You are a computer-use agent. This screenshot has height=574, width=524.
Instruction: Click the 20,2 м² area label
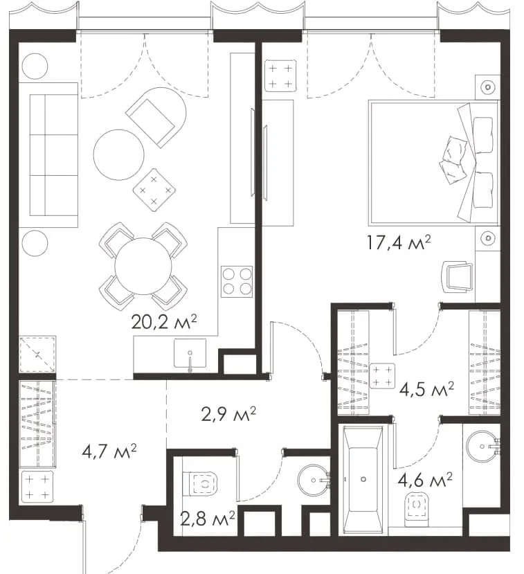164,322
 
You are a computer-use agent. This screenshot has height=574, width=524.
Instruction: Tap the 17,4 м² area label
399,243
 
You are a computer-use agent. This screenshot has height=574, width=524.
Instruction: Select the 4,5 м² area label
426,390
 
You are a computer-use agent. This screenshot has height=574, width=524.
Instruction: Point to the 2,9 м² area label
228,414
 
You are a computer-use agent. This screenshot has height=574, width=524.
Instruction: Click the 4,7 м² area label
109,451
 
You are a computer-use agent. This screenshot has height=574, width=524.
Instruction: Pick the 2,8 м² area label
208,519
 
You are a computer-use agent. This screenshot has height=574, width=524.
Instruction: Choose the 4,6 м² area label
425,481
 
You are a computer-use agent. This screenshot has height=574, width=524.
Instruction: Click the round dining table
143,266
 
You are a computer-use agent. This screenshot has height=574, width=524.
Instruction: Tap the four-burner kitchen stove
237,282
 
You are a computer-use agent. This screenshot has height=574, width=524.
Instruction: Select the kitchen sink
190,354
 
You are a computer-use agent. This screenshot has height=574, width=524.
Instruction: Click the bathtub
363,479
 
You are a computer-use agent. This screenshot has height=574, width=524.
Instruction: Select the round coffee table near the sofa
119,154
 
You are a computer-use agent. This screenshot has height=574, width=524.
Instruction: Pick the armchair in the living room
156,117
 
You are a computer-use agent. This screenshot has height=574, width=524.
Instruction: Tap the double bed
434,163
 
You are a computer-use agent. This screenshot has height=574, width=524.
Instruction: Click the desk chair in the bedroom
458,277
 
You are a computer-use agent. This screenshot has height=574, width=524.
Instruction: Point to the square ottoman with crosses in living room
154,190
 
